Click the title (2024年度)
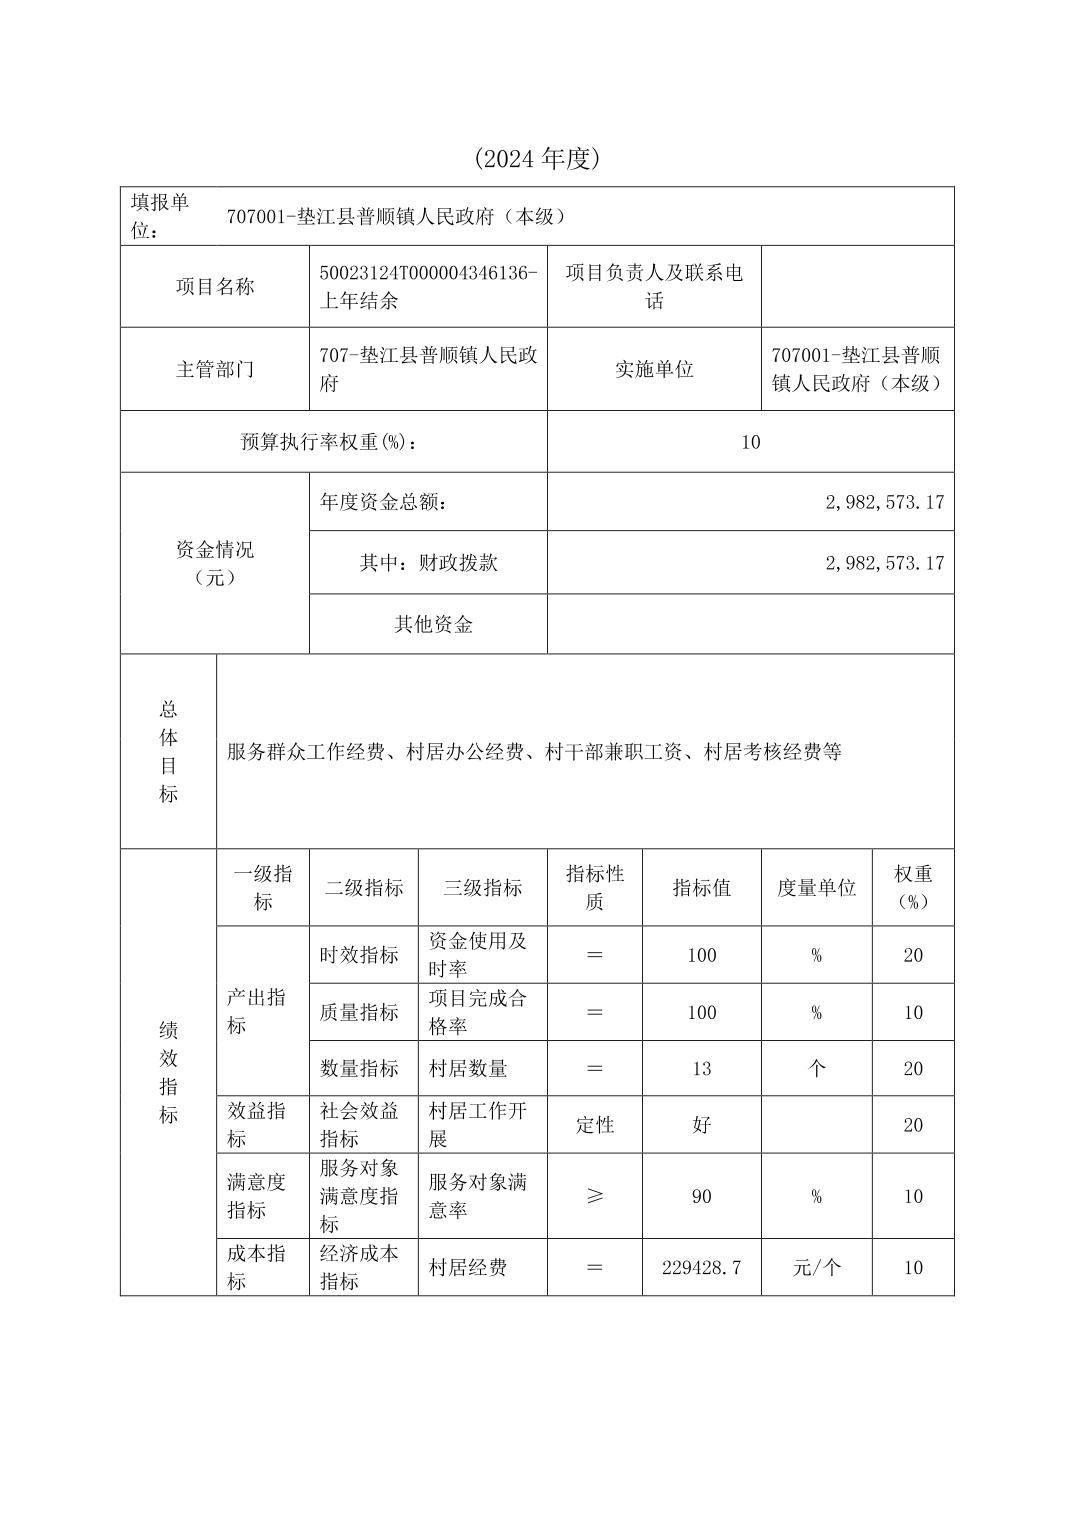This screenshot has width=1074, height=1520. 536,158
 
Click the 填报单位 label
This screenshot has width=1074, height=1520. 160,216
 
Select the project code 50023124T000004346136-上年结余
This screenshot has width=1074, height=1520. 428,286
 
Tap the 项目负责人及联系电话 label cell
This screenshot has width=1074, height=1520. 654,286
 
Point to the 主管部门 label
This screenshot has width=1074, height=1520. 215,369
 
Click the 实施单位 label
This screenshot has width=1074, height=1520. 654,369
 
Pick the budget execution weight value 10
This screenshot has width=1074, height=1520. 750,442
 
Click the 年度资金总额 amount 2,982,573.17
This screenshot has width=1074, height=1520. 884,502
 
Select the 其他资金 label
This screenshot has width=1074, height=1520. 433,625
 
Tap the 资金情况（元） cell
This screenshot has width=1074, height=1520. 215,563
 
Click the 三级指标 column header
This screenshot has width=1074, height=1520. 483,888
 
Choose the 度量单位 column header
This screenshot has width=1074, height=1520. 816,888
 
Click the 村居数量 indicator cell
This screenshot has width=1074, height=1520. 468,1069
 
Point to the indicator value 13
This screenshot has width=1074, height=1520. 701,1069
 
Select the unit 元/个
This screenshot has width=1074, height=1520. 816,1268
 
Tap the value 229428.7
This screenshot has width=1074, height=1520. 701,1268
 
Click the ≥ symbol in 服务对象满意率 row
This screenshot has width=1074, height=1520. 594,1196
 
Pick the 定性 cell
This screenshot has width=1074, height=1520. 594,1125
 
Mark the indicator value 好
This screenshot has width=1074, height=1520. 701,1125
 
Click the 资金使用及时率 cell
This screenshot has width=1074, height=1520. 478,955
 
